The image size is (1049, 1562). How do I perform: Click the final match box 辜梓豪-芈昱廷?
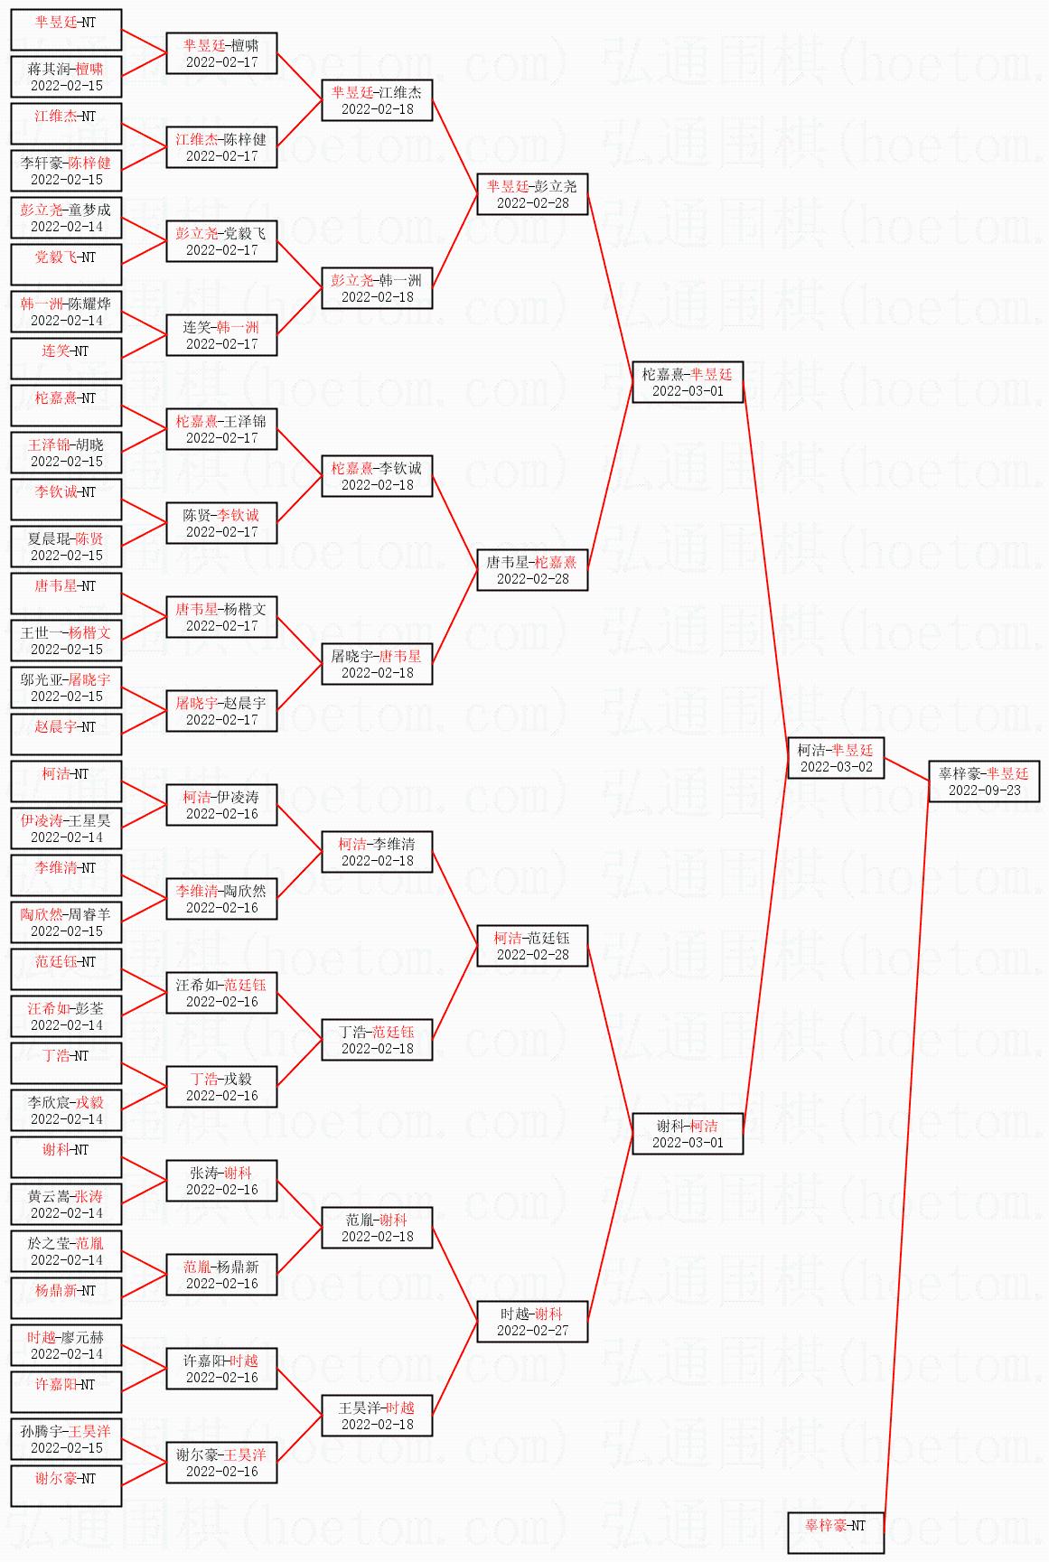click(984, 781)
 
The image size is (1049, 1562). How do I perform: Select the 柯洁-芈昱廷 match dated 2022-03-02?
click(836, 758)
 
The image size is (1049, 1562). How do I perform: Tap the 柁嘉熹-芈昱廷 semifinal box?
click(688, 382)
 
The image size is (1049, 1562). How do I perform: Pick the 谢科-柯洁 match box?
click(688, 1134)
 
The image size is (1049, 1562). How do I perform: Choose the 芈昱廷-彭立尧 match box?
click(532, 194)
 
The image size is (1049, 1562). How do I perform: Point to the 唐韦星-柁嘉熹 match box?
click(532, 570)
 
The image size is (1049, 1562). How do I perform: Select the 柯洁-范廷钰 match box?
click(532, 946)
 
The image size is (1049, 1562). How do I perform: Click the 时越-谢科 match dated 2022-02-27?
click(532, 1322)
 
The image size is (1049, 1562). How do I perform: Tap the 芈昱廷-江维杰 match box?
click(377, 100)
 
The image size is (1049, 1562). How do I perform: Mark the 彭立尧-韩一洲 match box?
click(377, 288)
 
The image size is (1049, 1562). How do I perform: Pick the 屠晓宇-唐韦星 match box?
click(377, 664)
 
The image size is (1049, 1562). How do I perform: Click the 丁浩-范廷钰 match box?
click(377, 1040)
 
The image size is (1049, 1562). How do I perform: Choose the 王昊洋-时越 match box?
click(377, 1416)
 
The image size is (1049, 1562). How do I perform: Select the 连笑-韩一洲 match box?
click(221, 335)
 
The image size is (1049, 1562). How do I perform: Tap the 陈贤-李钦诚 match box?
click(221, 523)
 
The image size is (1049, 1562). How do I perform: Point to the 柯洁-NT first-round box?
click(66, 781)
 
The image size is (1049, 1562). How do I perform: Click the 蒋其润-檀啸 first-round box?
click(66, 77)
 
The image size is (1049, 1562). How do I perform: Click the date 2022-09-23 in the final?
click(984, 790)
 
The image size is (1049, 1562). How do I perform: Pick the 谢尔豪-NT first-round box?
click(66, 1486)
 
